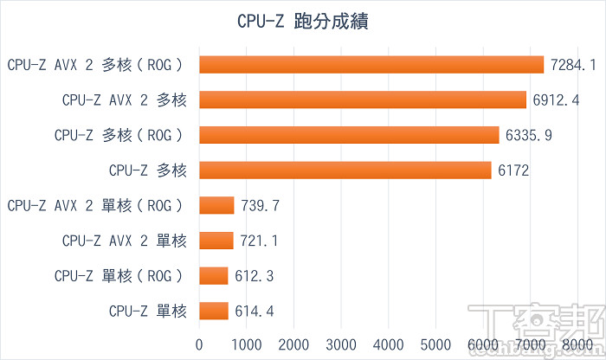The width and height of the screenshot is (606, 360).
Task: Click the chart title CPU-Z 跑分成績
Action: [x=303, y=21]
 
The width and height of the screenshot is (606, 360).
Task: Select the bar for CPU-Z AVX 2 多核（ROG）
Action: [x=371, y=64]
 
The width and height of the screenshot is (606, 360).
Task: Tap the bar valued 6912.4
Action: [x=363, y=100]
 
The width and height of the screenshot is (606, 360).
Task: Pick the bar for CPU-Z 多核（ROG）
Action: [x=349, y=135]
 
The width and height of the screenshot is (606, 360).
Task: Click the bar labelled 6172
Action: [x=345, y=170]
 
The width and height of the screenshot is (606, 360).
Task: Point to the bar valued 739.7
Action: [x=216, y=205]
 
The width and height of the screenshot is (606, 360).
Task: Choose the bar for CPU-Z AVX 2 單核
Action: [x=216, y=241]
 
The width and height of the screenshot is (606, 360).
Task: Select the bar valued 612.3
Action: [x=214, y=276]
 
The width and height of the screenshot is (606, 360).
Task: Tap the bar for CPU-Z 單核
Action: [x=214, y=311]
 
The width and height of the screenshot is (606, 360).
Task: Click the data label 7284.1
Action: [x=574, y=64]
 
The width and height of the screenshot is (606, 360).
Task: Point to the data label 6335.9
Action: [x=529, y=135]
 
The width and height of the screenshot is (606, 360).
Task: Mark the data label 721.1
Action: [x=260, y=241]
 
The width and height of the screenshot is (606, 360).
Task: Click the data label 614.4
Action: [x=254, y=311]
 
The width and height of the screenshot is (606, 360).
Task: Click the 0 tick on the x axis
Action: [x=200, y=344]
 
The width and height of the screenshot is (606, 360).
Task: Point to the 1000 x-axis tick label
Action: [x=248, y=344]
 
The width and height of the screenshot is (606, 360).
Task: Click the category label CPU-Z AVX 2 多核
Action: [x=124, y=100]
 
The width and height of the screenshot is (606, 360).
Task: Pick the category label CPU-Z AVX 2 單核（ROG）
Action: [x=96, y=205]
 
